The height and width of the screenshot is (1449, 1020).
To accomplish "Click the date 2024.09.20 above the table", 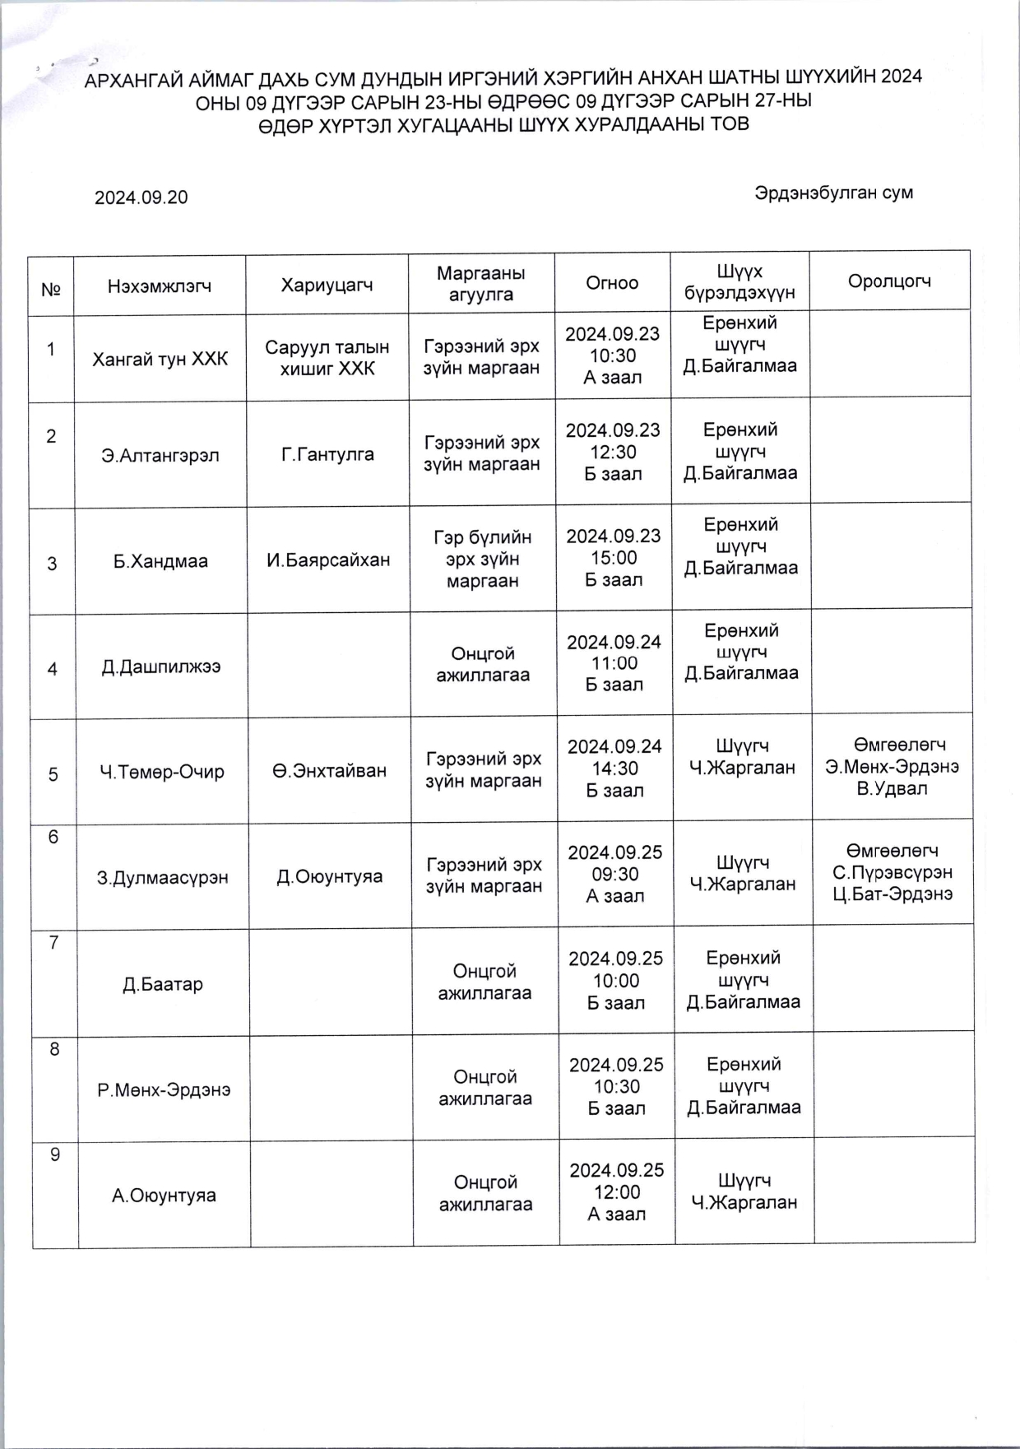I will click(x=141, y=197).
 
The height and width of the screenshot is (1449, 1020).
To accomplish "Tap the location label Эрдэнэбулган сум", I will click(x=833, y=193).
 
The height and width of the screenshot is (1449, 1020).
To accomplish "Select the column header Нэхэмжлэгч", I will click(x=160, y=286).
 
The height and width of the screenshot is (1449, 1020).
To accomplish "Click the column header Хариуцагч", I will click(x=327, y=286).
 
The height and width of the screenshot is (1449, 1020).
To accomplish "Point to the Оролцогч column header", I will click(x=889, y=281).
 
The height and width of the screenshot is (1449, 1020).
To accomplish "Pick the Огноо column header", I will click(x=612, y=283).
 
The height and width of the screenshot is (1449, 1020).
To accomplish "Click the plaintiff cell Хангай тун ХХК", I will click(x=160, y=359).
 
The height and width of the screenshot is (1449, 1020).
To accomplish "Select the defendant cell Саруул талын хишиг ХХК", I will click(x=327, y=358).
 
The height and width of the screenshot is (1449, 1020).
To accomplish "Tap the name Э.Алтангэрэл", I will click(x=160, y=455).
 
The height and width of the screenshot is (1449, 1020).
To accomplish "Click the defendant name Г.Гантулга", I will click(x=327, y=454).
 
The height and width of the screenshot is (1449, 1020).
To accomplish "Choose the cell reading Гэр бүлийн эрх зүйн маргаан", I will click(x=482, y=560).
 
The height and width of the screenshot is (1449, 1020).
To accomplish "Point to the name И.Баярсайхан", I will click(x=328, y=560).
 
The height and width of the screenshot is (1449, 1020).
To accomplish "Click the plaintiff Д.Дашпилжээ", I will click(x=161, y=666).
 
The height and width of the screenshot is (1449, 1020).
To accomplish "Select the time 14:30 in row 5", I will click(x=614, y=769).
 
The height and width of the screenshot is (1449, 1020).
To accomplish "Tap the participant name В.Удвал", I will click(x=892, y=788).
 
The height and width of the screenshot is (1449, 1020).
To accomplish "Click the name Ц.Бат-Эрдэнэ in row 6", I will click(x=892, y=894).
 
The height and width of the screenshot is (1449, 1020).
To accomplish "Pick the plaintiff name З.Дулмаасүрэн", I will click(x=163, y=877).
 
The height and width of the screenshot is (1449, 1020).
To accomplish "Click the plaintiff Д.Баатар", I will click(x=163, y=984).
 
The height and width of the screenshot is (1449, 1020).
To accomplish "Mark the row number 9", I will click(x=55, y=1154).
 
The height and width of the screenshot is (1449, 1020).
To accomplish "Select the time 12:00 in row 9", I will click(x=616, y=1192).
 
